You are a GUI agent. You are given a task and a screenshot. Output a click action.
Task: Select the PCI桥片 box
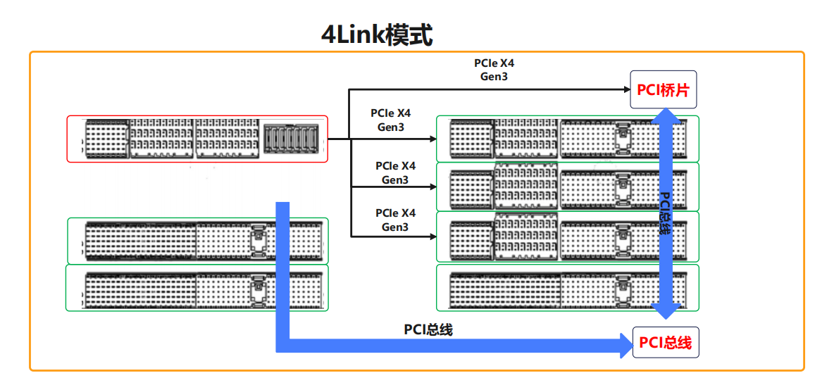663,89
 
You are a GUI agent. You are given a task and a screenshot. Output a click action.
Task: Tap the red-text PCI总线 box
665,343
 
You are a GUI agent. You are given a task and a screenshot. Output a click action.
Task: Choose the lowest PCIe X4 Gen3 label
395,220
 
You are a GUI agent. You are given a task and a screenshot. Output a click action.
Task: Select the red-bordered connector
197,139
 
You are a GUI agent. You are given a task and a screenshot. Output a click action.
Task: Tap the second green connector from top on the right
568,187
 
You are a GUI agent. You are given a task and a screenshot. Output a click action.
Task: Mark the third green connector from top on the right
568,236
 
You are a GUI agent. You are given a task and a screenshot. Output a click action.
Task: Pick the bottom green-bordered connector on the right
568,287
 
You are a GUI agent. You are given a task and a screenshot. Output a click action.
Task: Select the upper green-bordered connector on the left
198,240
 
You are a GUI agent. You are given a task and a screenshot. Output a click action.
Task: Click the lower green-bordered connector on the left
198,288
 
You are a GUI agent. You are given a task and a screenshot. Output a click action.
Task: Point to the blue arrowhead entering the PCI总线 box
624,344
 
